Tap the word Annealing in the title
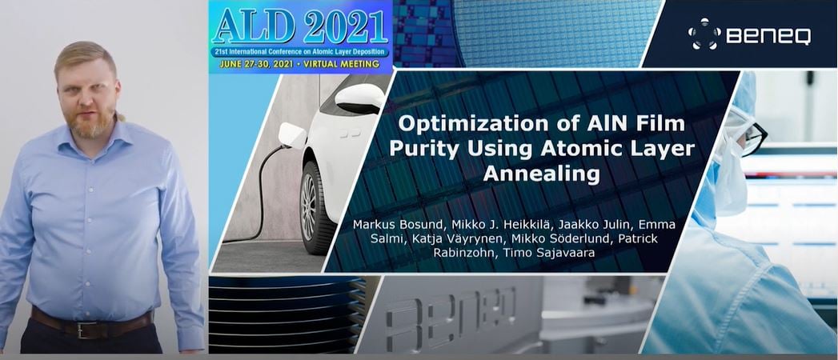pos(541,174)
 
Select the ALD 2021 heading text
pos(300,26)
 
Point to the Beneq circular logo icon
pos(704,34)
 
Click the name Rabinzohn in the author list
pos(466,253)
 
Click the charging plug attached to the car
pos(292,136)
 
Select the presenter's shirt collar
pos(91,140)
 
